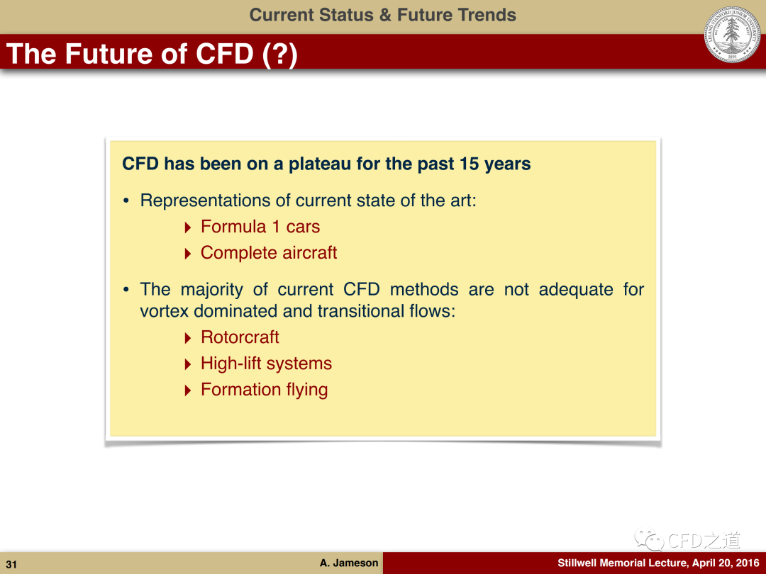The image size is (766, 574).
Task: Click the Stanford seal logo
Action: [x=732, y=34]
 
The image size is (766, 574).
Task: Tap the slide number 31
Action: [x=11, y=565]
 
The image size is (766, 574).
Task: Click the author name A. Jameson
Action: [x=349, y=563]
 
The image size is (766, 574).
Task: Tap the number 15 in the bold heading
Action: [x=469, y=164]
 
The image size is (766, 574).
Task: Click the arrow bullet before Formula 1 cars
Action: [x=188, y=227]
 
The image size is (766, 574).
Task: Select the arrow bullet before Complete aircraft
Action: [x=188, y=254]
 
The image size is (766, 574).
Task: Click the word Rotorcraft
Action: [x=240, y=337]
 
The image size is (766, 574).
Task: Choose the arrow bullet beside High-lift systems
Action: [x=188, y=364]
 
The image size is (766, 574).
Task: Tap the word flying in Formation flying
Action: [x=307, y=390]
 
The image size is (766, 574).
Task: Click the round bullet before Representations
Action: [x=126, y=201]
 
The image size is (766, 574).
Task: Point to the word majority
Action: [x=211, y=290]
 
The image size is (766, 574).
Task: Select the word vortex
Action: [x=164, y=311]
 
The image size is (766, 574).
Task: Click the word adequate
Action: [x=576, y=290]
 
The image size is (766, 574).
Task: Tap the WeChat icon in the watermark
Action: [x=649, y=540]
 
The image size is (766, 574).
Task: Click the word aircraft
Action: [x=310, y=253]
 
